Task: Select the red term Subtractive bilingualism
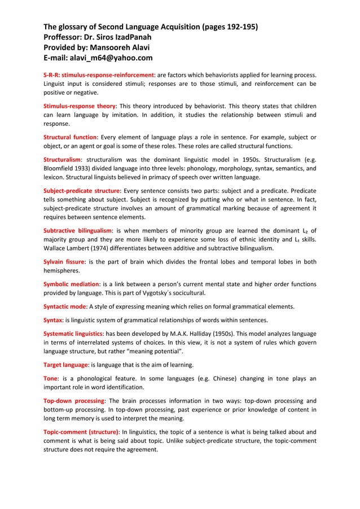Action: coord(78,230)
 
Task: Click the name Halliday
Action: coord(226,334)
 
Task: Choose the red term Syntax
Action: coord(54,320)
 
